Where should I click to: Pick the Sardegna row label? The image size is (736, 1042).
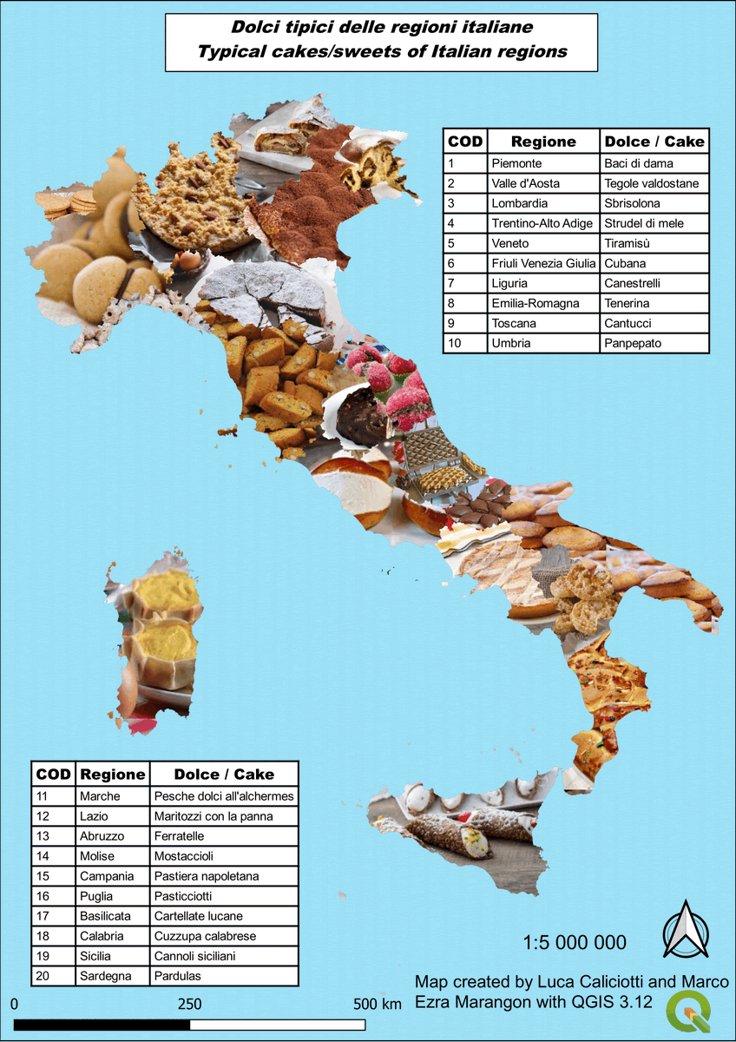click(x=105, y=976)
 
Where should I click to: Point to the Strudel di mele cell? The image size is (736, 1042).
click(x=643, y=223)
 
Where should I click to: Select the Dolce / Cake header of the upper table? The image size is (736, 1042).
click(x=654, y=142)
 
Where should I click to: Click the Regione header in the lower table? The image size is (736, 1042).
click(x=112, y=775)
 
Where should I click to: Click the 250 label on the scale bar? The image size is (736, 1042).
click(x=189, y=1004)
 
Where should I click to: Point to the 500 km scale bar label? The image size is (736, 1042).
click(x=378, y=1004)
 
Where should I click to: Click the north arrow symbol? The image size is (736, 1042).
click(x=686, y=930)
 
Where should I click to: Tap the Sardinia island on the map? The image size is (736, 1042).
click(x=157, y=643)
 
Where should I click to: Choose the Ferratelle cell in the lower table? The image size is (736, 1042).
click(x=179, y=836)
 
